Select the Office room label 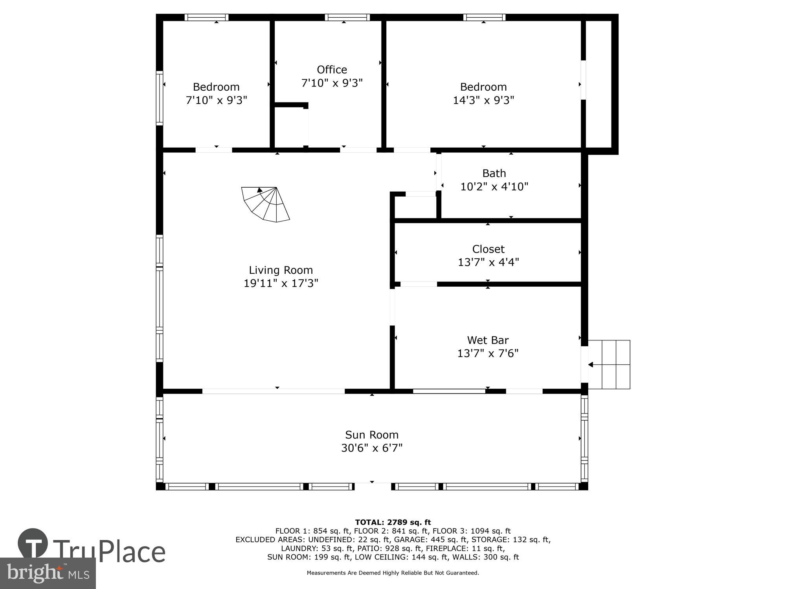(332, 70)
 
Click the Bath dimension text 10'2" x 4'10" (494, 187)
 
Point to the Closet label (488, 249)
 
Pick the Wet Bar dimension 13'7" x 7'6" (488, 353)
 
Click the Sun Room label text (372, 435)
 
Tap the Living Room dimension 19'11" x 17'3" (281, 283)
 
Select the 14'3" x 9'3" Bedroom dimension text (483, 100)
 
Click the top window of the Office (347, 17)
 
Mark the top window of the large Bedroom (484, 17)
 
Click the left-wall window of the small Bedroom (159, 98)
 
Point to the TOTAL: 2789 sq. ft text (393, 522)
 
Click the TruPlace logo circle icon (33, 544)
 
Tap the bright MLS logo (48, 573)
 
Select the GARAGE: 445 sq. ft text (431, 540)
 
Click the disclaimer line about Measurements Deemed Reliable (393, 573)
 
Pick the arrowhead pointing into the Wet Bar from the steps (590, 365)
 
